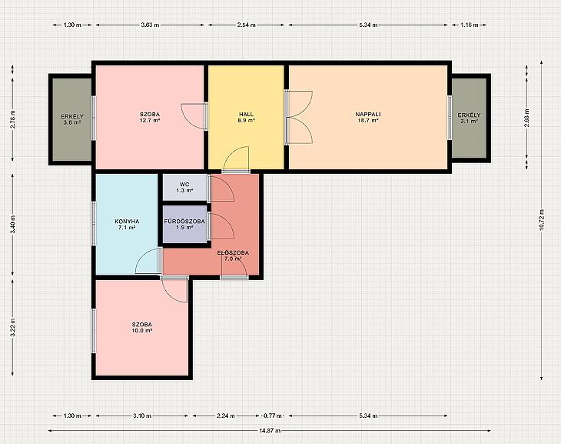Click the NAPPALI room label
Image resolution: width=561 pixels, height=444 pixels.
point(368,115)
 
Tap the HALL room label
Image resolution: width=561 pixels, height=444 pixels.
point(246,115)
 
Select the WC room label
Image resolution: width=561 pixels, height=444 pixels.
point(184,184)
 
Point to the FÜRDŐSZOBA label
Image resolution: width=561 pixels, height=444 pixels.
point(184,221)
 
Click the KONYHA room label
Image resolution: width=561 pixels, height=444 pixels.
point(127,221)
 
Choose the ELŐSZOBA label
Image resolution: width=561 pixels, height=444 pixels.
point(233,252)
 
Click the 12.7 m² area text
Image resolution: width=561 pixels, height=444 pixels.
point(150,120)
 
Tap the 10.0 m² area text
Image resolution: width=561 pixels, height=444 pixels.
point(142,330)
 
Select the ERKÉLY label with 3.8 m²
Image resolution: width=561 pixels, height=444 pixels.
point(72,116)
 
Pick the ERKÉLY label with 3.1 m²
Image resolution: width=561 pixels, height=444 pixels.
point(469,115)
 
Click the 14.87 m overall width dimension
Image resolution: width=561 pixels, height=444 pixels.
point(270,430)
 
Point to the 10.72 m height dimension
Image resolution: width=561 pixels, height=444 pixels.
point(541,220)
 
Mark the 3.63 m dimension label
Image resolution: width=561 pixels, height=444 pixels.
point(150,25)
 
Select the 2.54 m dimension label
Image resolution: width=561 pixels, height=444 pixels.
point(247,25)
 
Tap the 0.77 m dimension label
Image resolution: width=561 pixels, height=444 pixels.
point(273,416)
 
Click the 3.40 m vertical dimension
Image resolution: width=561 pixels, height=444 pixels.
point(12,225)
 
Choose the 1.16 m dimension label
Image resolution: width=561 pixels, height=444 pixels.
point(469,25)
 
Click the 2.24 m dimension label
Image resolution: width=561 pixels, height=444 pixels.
point(226,416)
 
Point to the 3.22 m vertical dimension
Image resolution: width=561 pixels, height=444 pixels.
point(12,328)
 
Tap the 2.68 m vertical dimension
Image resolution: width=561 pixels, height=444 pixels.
point(526,119)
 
